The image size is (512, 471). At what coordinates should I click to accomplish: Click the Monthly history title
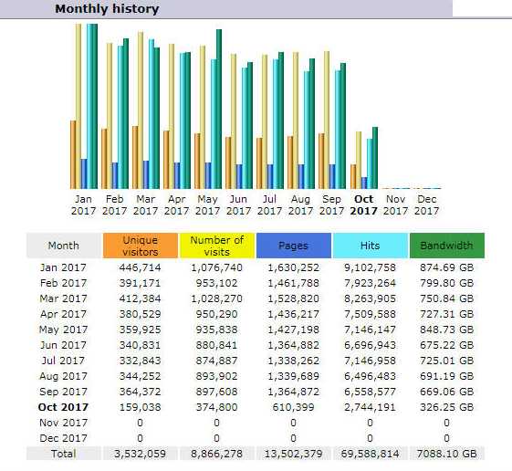point(107,9)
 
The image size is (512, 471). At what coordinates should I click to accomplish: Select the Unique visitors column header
point(141,246)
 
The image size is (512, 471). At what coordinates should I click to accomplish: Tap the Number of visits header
point(217,246)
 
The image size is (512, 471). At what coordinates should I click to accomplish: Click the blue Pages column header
point(294,246)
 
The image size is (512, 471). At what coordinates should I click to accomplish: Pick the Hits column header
point(371,246)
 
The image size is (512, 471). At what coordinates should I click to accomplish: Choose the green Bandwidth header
point(447,246)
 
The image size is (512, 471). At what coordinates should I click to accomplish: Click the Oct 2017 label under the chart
point(363,204)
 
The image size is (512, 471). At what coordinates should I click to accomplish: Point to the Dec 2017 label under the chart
point(427,204)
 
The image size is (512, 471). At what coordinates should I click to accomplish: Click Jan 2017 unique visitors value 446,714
point(140,267)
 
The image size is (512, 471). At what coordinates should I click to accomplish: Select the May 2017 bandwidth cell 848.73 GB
point(446,330)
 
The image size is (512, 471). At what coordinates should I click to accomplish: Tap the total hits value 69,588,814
point(370,454)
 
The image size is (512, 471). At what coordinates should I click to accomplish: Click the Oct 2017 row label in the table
point(63,407)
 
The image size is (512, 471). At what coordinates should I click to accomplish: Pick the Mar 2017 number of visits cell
point(217,298)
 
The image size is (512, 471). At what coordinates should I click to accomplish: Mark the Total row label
point(63,454)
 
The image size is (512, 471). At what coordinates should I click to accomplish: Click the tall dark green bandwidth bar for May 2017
point(219,110)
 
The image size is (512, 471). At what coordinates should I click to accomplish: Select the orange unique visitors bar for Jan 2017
point(73,155)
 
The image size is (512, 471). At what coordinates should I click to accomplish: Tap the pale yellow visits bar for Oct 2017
point(359,160)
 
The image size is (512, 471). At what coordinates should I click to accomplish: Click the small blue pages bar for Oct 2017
point(364,183)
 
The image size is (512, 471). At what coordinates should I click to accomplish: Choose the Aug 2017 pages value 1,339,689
point(294,376)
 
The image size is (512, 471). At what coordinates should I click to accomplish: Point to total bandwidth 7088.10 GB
point(446,454)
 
